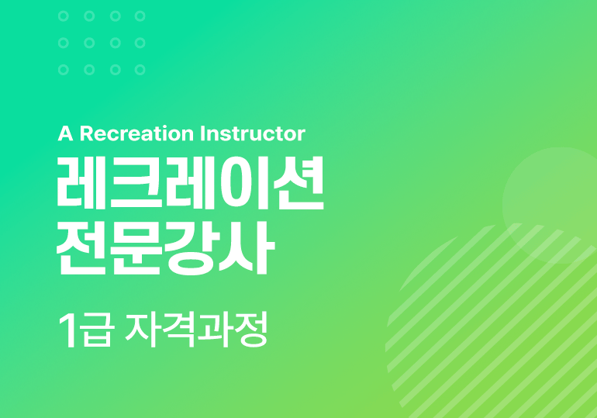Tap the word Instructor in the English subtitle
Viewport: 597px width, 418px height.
(253, 133)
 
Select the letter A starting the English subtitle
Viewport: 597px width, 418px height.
(65, 133)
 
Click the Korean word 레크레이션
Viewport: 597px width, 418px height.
(191, 183)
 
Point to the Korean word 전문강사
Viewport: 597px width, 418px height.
(166, 248)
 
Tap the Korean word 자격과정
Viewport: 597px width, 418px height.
(196, 330)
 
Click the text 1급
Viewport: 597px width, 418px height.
(86, 330)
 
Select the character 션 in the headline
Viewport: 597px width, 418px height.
(298, 183)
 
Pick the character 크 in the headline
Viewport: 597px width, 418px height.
(136, 183)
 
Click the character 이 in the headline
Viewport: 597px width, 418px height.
(243, 183)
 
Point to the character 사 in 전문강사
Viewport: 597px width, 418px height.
(247, 248)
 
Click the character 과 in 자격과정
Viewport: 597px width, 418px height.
(213, 330)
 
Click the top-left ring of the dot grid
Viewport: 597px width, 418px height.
(64, 16)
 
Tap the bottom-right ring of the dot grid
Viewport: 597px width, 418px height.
(140, 70)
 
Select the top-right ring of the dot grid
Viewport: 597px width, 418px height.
(140, 16)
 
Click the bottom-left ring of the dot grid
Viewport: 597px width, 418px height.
(64, 70)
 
